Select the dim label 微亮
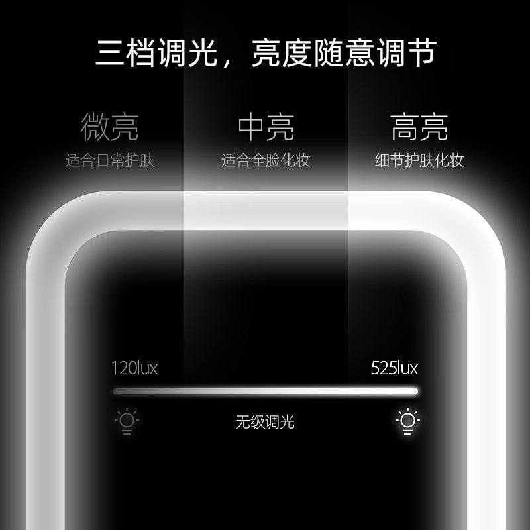[110, 127]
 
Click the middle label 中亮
[266, 127]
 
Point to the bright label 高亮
[419, 127]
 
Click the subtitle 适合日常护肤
[110, 161]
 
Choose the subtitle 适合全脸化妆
[266, 161]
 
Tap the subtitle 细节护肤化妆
[419, 161]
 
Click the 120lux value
[135, 368]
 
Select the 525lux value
[395, 368]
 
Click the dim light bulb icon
[126, 421]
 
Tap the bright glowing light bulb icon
[408, 421]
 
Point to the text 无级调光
[265, 422]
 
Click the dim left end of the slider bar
[117, 391]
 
